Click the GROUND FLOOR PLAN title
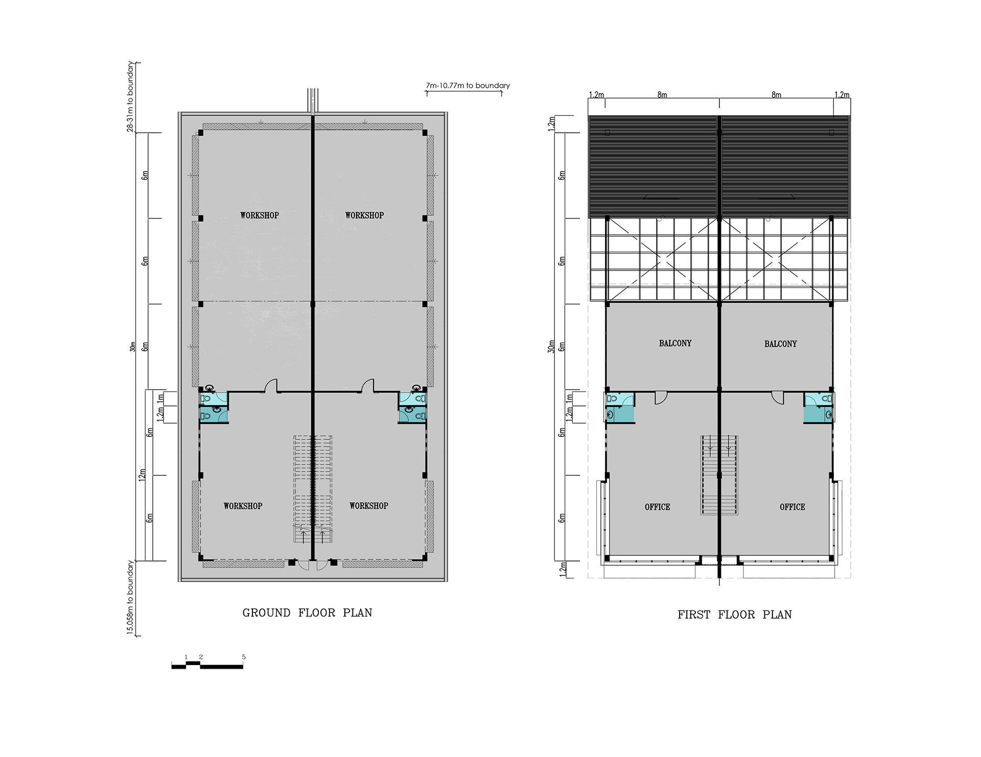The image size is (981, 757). [x=307, y=613]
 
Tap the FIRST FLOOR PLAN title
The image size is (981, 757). [x=734, y=615]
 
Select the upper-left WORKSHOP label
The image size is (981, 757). [x=260, y=215]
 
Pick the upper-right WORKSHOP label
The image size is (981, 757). [x=364, y=215]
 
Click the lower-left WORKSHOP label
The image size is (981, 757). [x=243, y=506]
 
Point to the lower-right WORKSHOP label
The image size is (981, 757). [x=368, y=505]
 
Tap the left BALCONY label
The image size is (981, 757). [x=675, y=344]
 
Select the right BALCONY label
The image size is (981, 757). [x=780, y=344]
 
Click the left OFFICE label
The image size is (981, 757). [x=657, y=507]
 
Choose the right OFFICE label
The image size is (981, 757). [x=792, y=507]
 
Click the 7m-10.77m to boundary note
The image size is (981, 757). [x=468, y=86]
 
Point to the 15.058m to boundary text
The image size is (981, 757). [x=131, y=597]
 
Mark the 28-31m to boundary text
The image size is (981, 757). [x=131, y=97]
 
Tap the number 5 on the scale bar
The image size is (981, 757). [x=244, y=657]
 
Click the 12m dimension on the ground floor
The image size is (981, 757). [x=142, y=474]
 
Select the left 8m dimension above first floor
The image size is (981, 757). [x=662, y=95]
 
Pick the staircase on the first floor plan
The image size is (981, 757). [x=719, y=475]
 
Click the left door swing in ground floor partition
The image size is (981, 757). [x=270, y=386]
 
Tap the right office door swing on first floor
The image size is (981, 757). [x=778, y=397]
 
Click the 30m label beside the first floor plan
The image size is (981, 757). [x=551, y=347]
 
